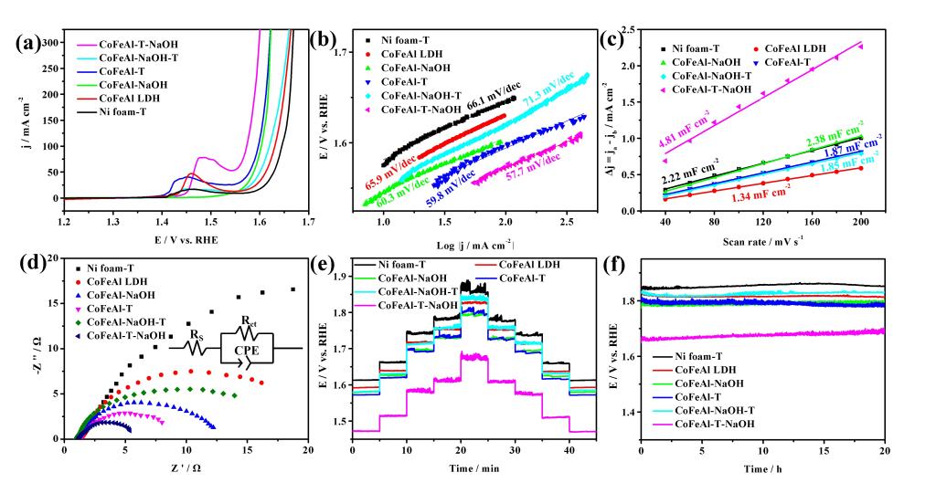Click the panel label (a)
pyautogui.click(x=26, y=44)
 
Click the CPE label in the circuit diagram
pyautogui.click(x=246, y=348)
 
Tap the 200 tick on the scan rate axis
pyautogui.click(x=861, y=223)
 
